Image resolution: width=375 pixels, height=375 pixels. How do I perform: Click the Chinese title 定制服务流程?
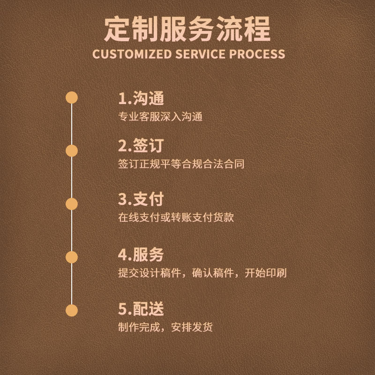[x=187, y=29]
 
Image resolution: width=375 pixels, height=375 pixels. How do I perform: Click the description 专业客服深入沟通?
[x=160, y=117]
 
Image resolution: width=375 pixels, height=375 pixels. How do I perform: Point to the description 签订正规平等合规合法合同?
[x=181, y=165]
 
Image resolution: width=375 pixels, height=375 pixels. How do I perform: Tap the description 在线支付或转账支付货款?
[x=176, y=217]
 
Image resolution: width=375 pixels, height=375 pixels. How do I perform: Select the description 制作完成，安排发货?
[x=165, y=327]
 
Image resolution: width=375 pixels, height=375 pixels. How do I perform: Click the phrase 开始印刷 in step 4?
[x=266, y=273]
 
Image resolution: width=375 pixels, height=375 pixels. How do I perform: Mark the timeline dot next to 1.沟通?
[x=71, y=97]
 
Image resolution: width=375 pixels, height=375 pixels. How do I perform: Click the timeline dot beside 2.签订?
[x=71, y=150]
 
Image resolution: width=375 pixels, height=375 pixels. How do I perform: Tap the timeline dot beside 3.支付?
[x=71, y=204]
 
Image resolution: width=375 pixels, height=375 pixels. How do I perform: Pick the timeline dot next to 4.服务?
[x=71, y=257]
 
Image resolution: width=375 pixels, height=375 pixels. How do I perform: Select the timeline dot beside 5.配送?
[x=71, y=310]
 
